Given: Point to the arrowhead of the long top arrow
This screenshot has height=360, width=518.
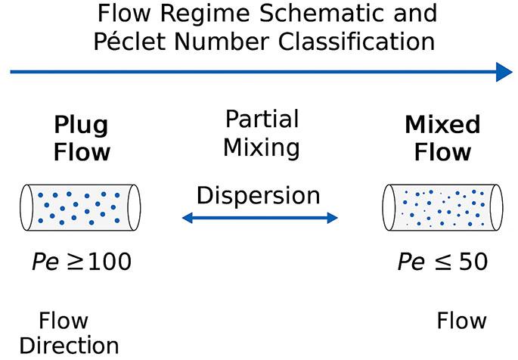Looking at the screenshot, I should (x=504, y=73).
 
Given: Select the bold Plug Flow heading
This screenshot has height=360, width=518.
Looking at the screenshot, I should (x=82, y=138).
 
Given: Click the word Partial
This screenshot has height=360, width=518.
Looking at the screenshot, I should (x=262, y=119).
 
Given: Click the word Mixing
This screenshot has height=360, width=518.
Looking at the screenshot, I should (x=262, y=146).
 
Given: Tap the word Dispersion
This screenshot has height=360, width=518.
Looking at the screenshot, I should (x=259, y=195).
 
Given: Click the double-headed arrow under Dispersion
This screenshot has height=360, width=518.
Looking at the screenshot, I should (x=259, y=219).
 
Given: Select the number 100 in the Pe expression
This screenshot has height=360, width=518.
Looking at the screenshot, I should (x=108, y=262).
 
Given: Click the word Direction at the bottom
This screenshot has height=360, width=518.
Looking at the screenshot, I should (x=69, y=346).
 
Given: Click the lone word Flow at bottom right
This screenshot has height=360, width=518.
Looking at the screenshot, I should (x=461, y=321).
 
